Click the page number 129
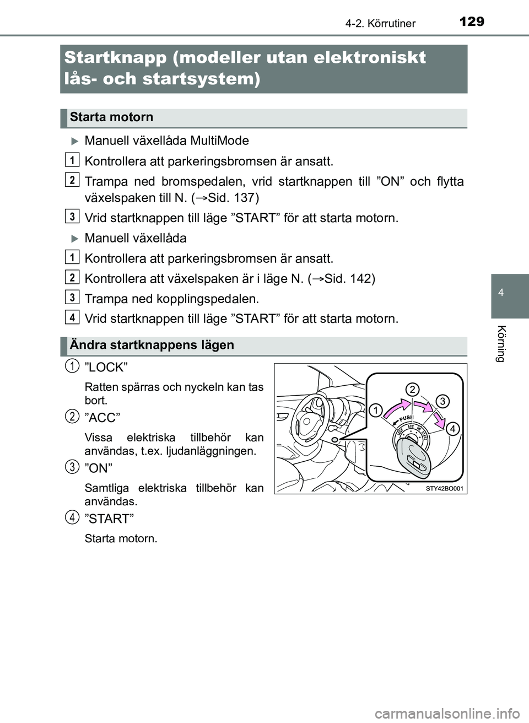tap(471, 21)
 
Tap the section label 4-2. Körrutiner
tap(380, 23)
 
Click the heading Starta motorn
tap(112, 117)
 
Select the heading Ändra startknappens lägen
tap(152, 346)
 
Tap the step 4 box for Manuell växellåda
tap(72, 317)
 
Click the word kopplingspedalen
tap(212, 299)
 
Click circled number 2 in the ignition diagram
tap(412, 390)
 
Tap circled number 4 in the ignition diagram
tap(452, 428)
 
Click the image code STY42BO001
tap(444, 488)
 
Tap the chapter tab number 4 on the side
tap(501, 293)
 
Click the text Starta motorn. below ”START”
tap(121, 538)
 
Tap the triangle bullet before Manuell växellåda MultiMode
tap(75, 141)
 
